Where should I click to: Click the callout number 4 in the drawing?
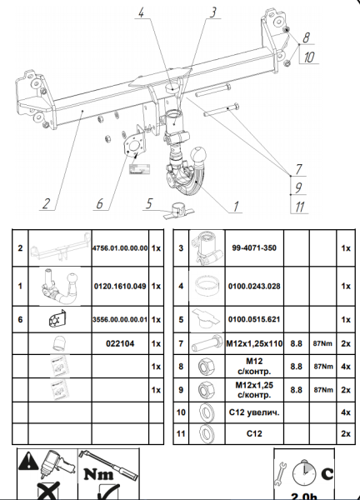click(x=142, y=12)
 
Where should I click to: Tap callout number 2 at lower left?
click(x=47, y=203)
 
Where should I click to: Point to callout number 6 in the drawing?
click(x=99, y=203)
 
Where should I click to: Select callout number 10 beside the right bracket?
click(x=308, y=57)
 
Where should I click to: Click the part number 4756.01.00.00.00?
click(x=120, y=248)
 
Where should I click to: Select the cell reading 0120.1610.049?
click(x=120, y=286)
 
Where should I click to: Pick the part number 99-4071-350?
click(x=254, y=247)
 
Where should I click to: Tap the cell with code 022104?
click(x=120, y=343)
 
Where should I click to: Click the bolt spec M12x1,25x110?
click(x=254, y=343)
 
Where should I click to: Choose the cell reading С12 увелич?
click(x=254, y=412)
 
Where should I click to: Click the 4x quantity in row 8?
click(x=346, y=367)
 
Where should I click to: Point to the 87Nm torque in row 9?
click(x=323, y=390)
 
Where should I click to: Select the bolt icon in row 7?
click(x=207, y=343)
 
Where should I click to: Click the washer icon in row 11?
click(x=207, y=433)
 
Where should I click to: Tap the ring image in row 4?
click(x=207, y=285)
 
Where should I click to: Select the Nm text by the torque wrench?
click(x=99, y=474)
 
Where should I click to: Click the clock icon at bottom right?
click(x=304, y=472)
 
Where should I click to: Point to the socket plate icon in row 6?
click(x=57, y=318)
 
